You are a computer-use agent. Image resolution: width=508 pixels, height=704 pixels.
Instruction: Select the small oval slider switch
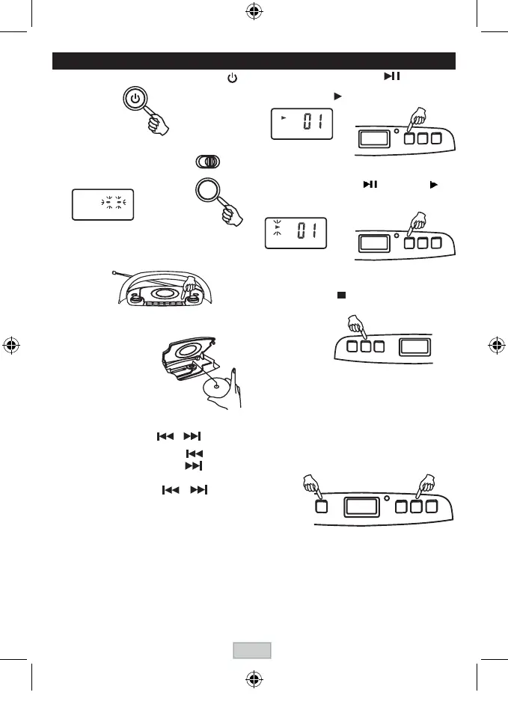click(x=209, y=162)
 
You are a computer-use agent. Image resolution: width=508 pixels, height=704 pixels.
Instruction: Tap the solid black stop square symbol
click(x=340, y=295)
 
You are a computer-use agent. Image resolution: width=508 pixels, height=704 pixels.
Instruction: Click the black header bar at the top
click(x=254, y=61)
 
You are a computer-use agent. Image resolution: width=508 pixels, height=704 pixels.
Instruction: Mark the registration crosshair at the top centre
click(x=252, y=13)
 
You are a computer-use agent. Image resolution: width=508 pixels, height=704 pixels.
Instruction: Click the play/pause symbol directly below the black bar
click(x=393, y=77)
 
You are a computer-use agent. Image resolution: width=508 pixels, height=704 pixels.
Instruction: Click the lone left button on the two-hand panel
click(x=322, y=506)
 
